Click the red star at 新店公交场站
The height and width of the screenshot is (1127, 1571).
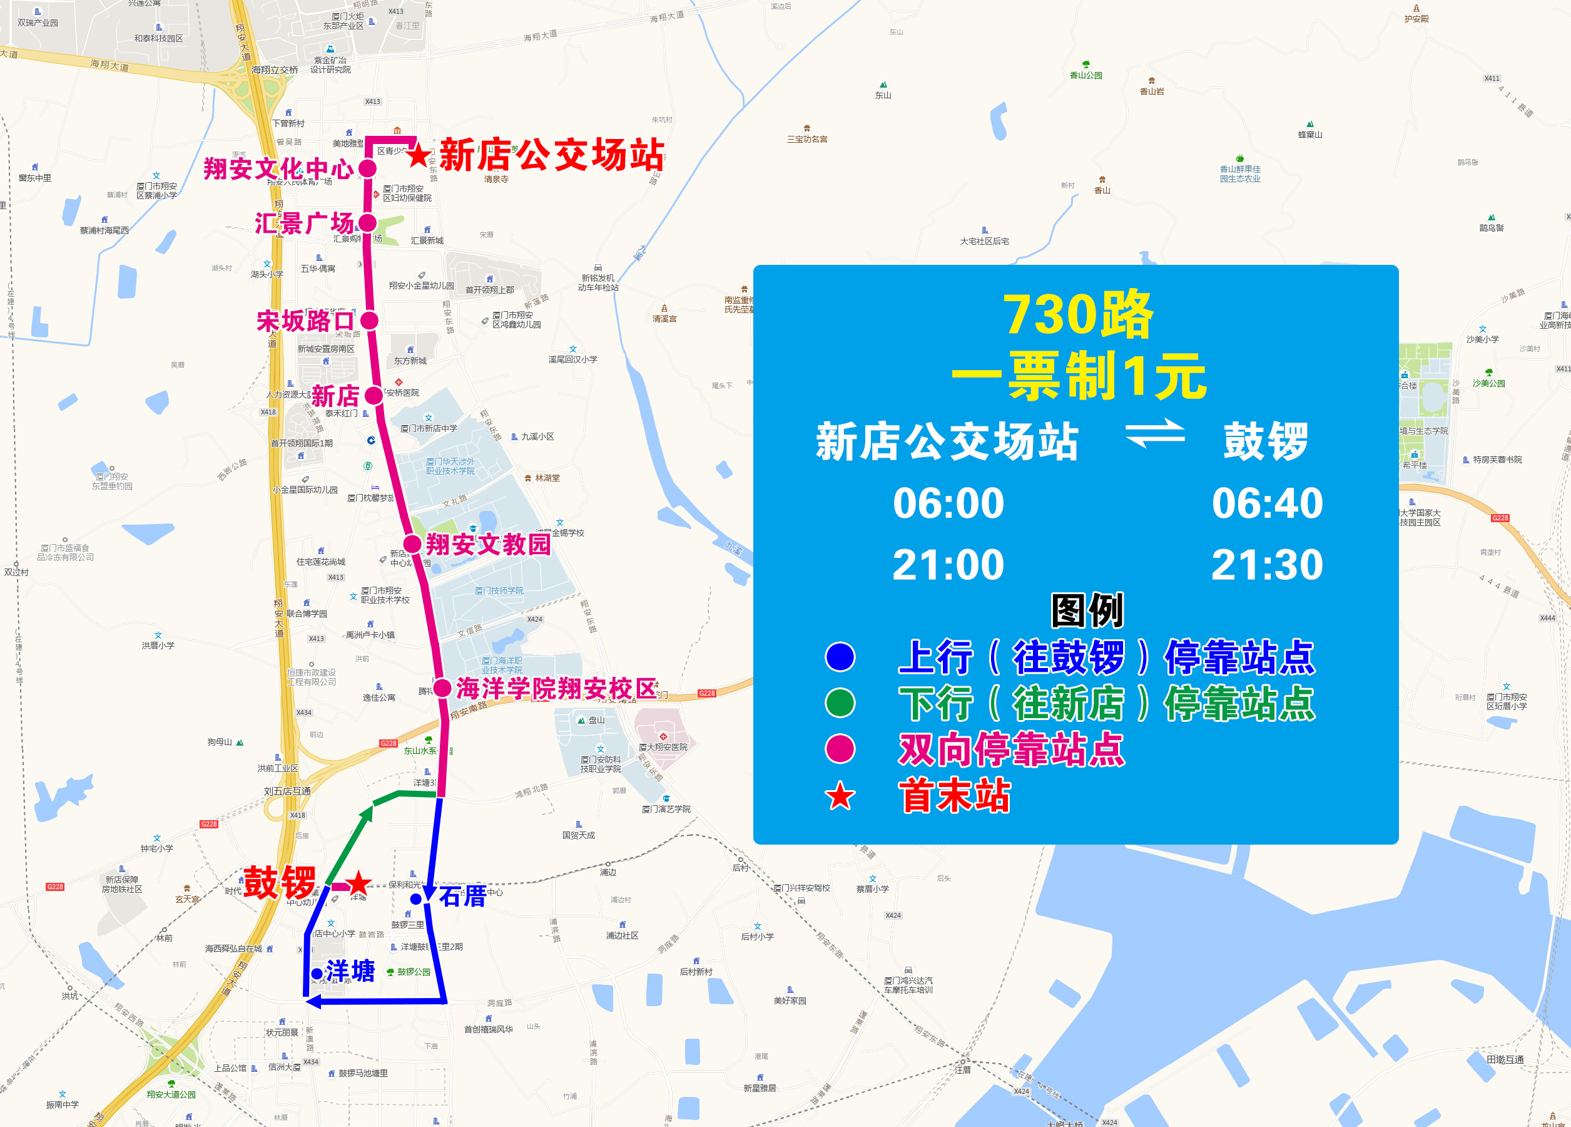[419, 155]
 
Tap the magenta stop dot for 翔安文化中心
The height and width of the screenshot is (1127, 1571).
[367, 168]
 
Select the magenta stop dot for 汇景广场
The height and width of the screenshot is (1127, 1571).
[367, 222]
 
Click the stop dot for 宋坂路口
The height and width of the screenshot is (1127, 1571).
[369, 320]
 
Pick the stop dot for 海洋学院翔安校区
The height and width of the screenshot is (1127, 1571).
[442, 687]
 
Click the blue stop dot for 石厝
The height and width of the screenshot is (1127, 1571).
[415, 899]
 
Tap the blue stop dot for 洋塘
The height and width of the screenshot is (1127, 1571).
[317, 974]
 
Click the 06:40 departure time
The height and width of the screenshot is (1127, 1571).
[1267, 503]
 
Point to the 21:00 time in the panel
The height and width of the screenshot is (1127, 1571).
[948, 565]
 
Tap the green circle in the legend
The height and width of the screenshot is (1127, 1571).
[840, 703]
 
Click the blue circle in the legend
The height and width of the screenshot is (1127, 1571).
[840, 657]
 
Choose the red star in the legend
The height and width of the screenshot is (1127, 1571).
[840, 796]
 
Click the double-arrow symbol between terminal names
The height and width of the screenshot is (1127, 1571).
[1155, 434]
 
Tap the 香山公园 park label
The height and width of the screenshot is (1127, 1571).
[1085, 75]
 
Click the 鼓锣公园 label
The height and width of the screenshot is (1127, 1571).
[414, 972]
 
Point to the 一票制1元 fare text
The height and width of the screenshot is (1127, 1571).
[1079, 376]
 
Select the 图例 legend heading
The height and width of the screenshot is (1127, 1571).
[1087, 610]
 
